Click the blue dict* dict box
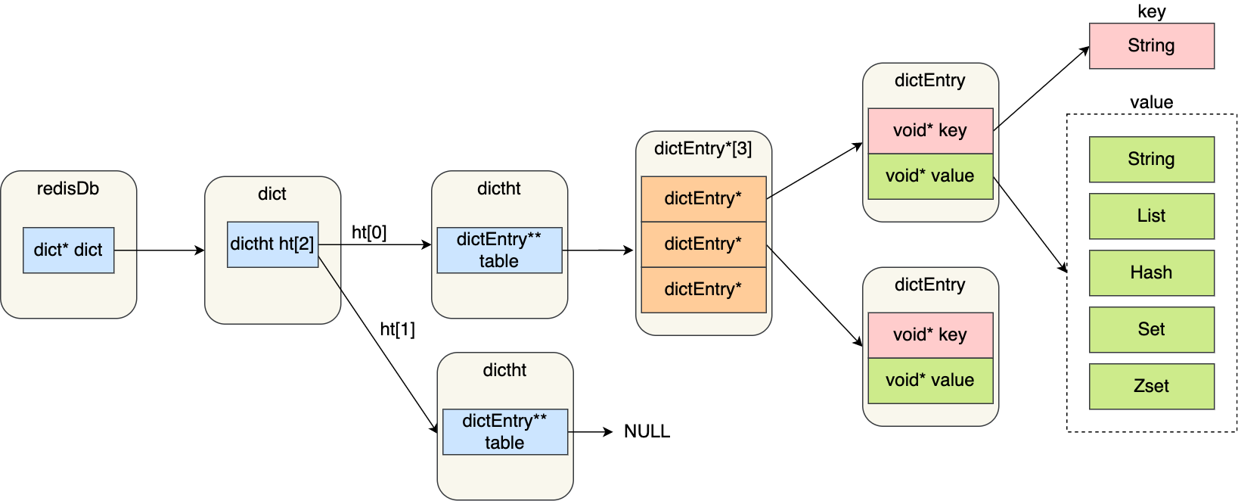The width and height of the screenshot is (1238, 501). [68, 250]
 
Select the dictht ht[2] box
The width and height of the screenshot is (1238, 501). [272, 244]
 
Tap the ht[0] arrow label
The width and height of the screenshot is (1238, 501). [369, 232]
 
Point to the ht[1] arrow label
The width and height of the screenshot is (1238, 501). [397, 329]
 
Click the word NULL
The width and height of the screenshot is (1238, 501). [647, 431]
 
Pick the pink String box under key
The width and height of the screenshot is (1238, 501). [1151, 45]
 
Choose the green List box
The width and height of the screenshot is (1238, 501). [1151, 216]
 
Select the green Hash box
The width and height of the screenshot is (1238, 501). [1151, 272]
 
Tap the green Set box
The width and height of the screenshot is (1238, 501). [1151, 329]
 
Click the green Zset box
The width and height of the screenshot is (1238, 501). [1151, 386]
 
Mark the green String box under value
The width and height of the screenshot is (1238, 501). [1151, 159]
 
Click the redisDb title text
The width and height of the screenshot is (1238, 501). [68, 188]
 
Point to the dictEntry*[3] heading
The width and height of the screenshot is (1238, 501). [703, 148]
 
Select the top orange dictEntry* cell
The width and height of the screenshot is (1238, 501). [703, 198]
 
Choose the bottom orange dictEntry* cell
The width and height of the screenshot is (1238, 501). [703, 289]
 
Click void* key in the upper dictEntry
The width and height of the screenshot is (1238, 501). [929, 130]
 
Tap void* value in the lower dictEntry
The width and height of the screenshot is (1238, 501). [929, 380]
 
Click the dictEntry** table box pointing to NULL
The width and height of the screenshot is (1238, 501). [504, 431]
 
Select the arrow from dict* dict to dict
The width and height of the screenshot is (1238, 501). [159, 250]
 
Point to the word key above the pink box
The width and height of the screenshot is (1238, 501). [1151, 11]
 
